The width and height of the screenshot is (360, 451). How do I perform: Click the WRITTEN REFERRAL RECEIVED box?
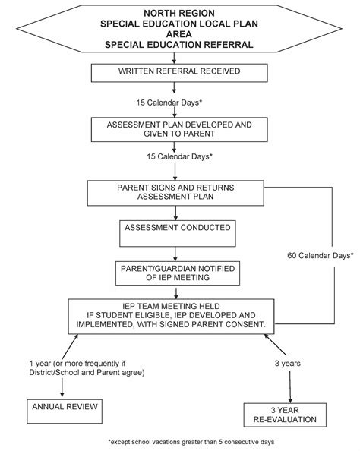tap(179, 73)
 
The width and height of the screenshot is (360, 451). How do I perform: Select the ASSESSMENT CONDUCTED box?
tap(178, 234)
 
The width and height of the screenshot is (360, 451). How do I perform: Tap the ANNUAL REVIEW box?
tap(65, 412)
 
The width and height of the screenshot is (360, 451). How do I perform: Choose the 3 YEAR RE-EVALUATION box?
tap(285, 415)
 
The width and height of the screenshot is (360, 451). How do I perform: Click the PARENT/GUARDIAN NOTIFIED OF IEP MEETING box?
tap(178, 273)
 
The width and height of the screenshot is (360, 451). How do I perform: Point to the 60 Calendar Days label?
tap(321, 255)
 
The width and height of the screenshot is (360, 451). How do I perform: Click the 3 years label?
tap(288, 363)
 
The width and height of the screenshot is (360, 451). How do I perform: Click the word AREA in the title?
tap(179, 34)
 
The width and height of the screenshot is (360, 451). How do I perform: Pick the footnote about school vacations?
tap(191, 442)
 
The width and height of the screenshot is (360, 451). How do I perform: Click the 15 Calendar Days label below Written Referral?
tap(169, 102)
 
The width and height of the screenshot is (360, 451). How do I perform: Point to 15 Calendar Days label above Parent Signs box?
tap(179, 156)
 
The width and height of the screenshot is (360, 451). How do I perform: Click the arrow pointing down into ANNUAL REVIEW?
tap(62, 388)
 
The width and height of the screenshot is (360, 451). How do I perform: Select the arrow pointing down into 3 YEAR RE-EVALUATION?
tap(290, 386)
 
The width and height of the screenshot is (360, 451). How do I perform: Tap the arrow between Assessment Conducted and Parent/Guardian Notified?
tap(175, 254)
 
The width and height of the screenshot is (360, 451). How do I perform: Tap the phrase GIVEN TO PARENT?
tap(179, 134)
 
